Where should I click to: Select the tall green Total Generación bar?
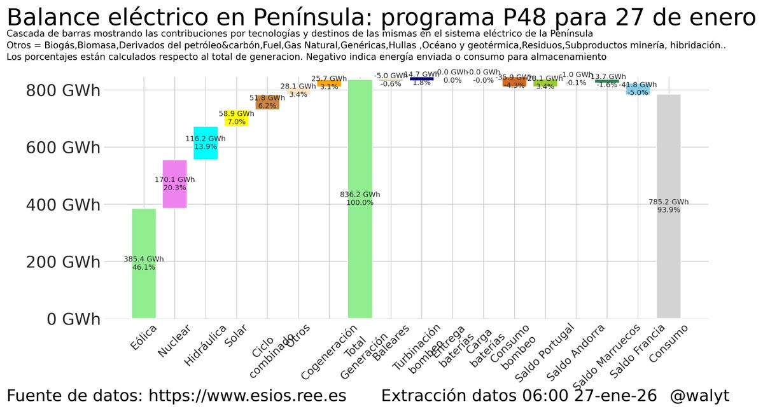(360, 254)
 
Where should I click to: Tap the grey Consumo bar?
(669, 267)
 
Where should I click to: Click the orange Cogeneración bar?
(329, 83)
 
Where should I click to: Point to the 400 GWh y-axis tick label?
(63, 205)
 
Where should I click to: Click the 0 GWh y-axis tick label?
(73, 319)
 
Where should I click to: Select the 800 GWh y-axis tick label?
(63, 90)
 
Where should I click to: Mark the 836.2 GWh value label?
(360, 195)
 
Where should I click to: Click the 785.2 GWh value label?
(669, 202)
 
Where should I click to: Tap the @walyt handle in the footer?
(699, 396)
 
